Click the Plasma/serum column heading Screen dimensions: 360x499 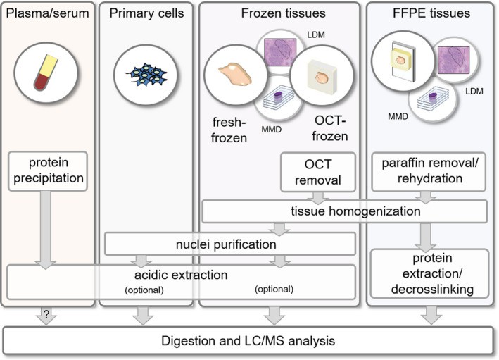pos(46,13)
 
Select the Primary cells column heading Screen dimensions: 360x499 pos(146,13)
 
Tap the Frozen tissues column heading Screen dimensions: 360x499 pos(279,13)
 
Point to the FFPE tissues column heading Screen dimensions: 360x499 pos(431,13)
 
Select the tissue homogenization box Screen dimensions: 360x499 pos(345,211)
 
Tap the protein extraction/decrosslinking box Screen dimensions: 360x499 pos(430,274)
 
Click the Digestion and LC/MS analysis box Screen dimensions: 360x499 pos(249,341)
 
